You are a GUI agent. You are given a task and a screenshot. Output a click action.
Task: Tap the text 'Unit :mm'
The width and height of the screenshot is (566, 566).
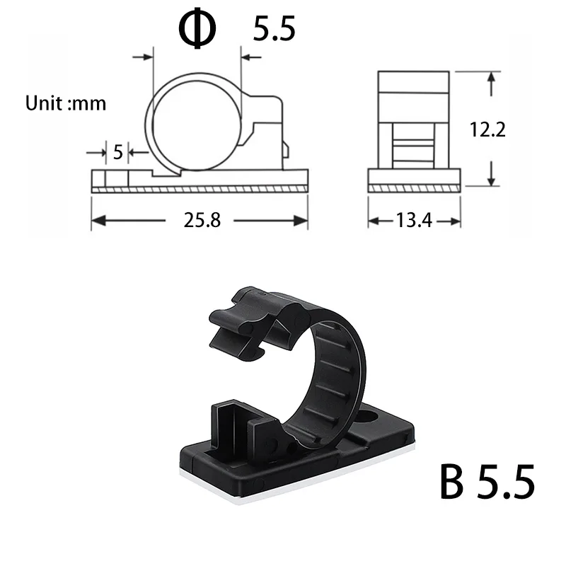point(66,103)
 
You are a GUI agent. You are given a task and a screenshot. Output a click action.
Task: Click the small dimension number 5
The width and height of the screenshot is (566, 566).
point(117,151)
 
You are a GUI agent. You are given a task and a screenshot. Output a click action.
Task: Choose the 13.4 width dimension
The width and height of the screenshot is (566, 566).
point(414,221)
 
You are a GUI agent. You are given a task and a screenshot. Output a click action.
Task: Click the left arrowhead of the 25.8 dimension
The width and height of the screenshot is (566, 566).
point(97,221)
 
